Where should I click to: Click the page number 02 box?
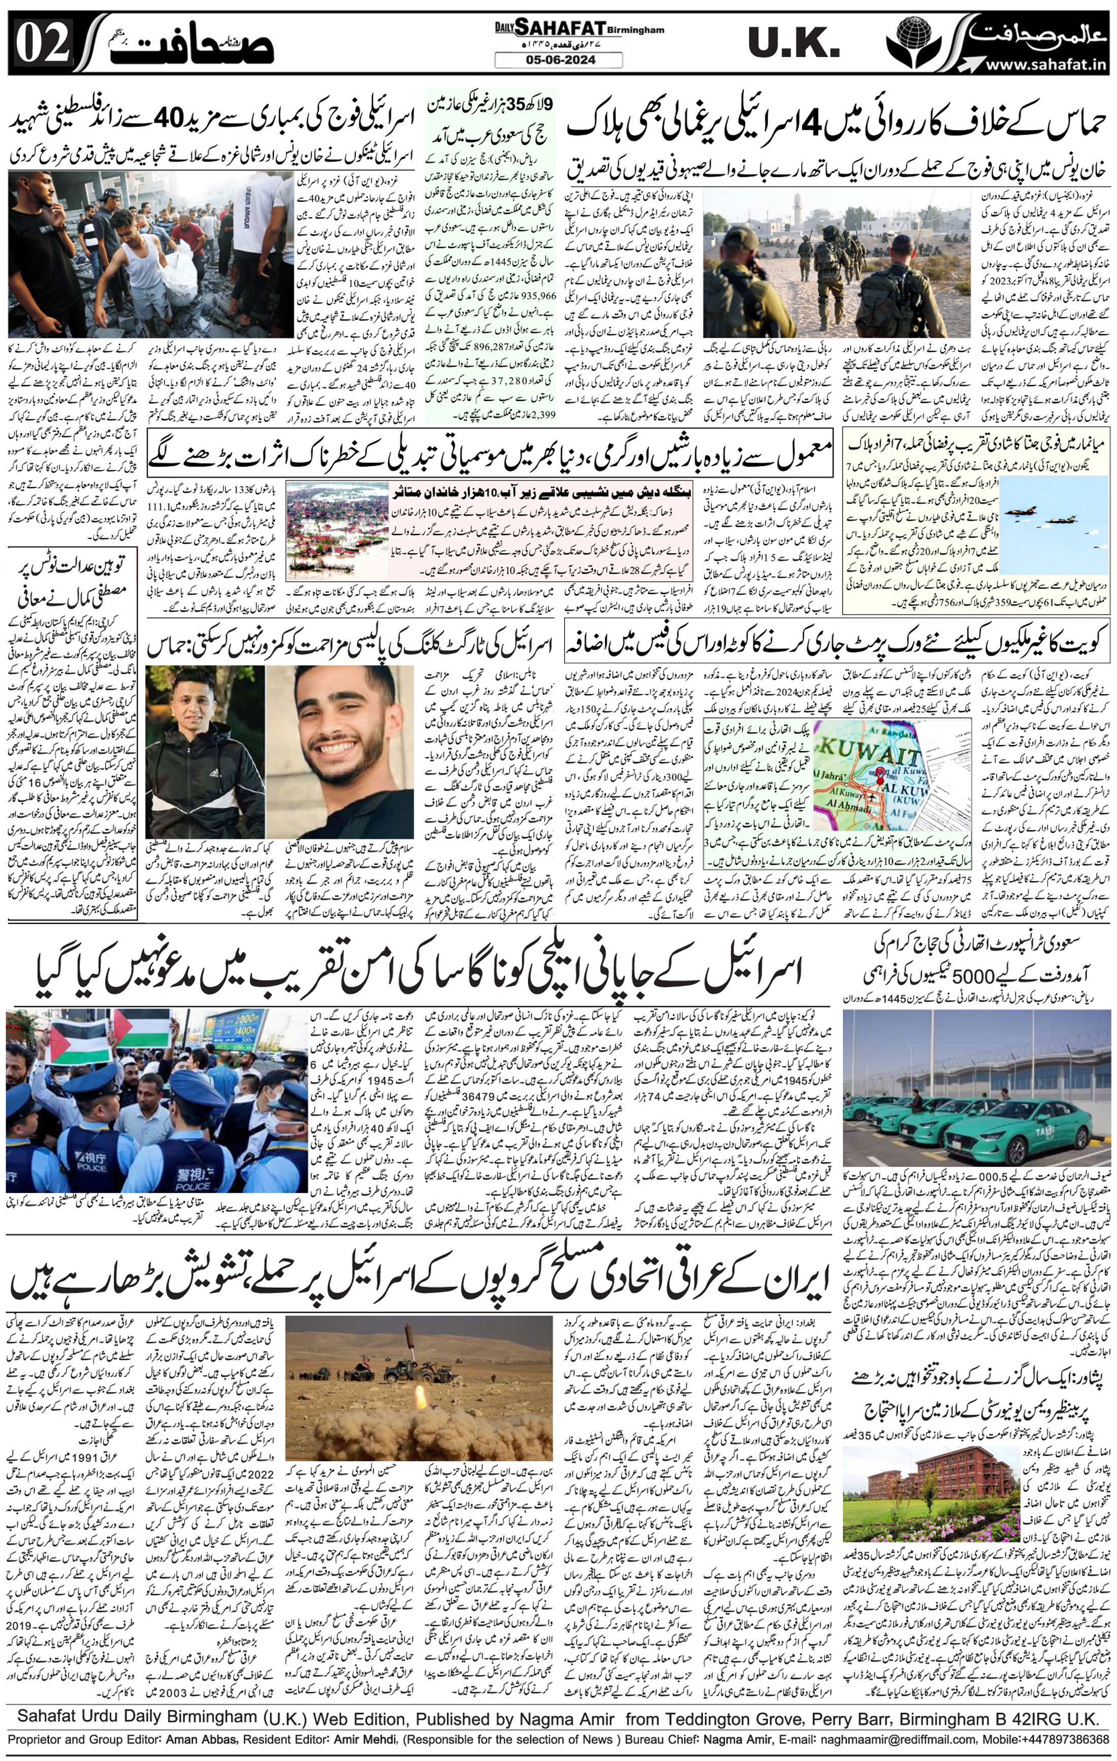pos(42,45)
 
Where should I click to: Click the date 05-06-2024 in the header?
pos(558,60)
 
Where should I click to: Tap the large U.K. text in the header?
pos(792,45)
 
